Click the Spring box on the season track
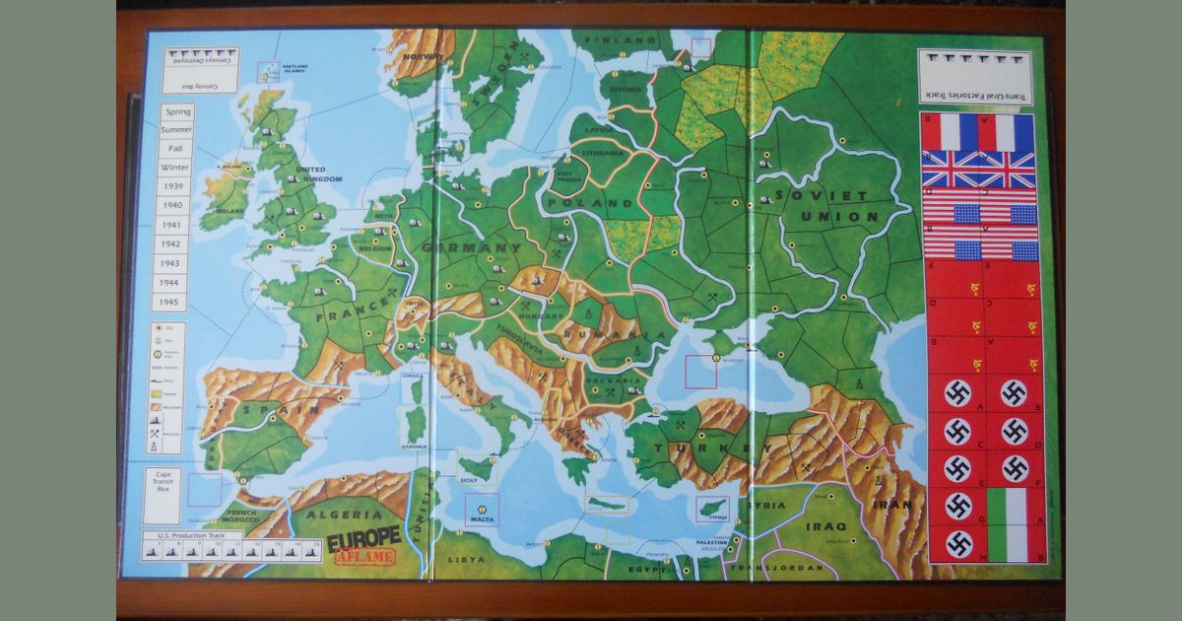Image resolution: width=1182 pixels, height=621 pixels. pyautogui.click(x=178, y=112)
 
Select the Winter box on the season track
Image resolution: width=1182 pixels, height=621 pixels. pyautogui.click(x=178, y=167)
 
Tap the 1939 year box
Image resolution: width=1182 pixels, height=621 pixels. pyautogui.click(x=173, y=187)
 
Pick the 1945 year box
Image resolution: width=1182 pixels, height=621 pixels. pyautogui.click(x=173, y=301)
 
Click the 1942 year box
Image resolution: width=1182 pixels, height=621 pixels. pyautogui.click(x=173, y=243)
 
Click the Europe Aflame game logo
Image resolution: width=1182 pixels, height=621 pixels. pyautogui.click(x=363, y=543)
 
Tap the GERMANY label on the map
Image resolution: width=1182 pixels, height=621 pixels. pyautogui.click(x=471, y=247)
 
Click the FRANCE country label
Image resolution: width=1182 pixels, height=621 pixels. pyautogui.click(x=341, y=318)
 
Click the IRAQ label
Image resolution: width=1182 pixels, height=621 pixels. pyautogui.click(x=825, y=526)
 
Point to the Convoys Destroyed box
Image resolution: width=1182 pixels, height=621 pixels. pyautogui.click(x=201, y=70)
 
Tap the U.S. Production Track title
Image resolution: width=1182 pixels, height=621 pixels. pyautogui.click(x=191, y=535)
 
